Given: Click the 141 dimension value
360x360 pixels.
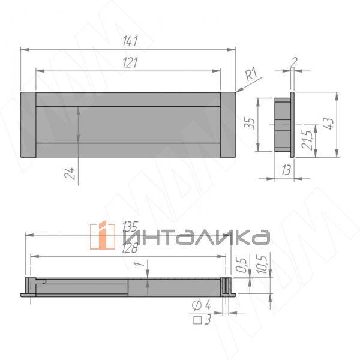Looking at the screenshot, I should click(x=130, y=41).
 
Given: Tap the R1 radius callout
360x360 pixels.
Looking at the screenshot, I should click(x=251, y=75).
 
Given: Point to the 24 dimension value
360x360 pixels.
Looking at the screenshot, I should click(x=71, y=173).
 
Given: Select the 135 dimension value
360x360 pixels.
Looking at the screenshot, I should click(x=130, y=227).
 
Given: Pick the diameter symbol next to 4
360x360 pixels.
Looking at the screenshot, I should click(x=196, y=306).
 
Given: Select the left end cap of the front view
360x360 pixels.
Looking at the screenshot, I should click(x=29, y=124).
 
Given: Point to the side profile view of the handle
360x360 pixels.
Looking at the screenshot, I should click(x=284, y=124).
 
